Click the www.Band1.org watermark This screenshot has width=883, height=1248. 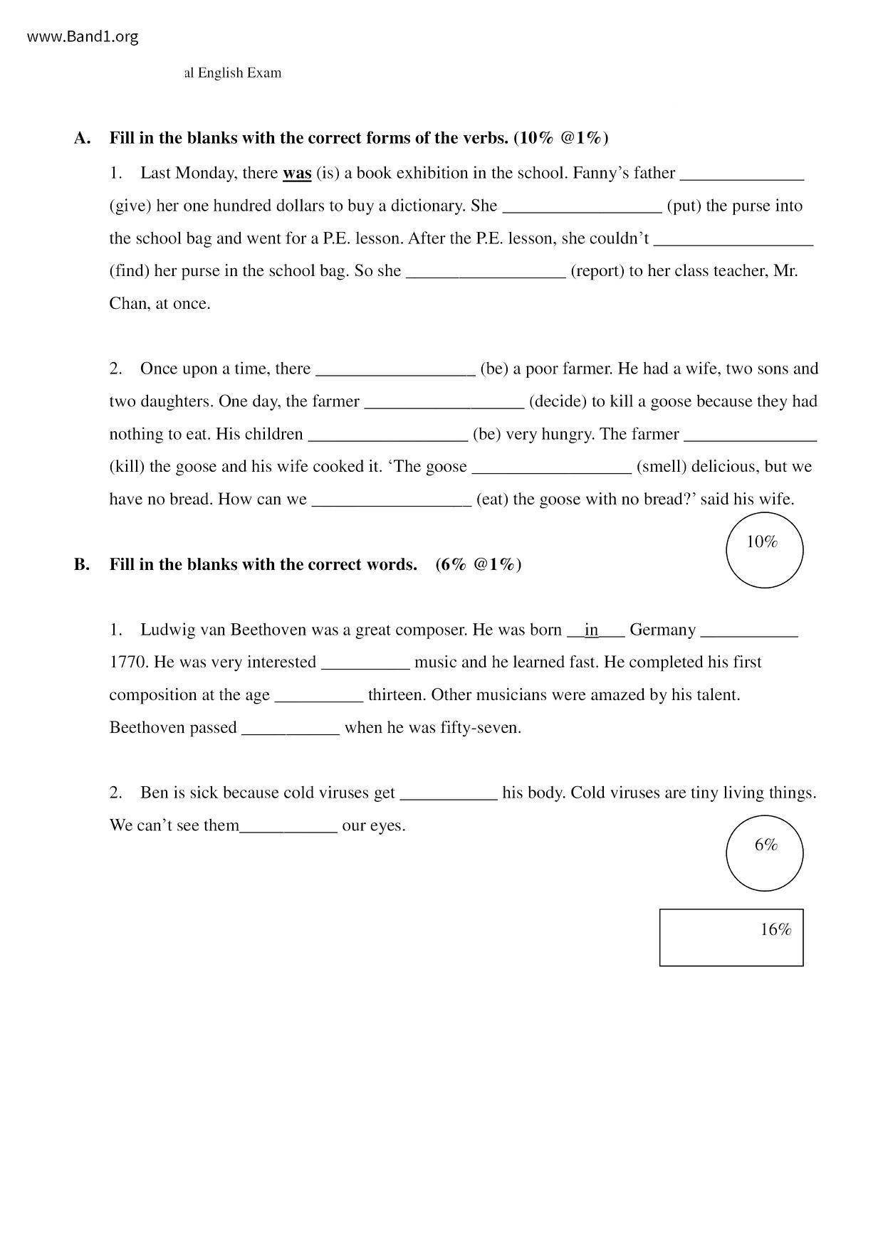[x=83, y=37]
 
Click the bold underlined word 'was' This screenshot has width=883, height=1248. [x=297, y=173]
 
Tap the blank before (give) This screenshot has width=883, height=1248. [x=742, y=173]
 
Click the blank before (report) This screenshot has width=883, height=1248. [x=486, y=271]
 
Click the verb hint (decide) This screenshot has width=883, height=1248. [x=558, y=401]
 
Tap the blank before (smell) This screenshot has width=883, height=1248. [x=552, y=467]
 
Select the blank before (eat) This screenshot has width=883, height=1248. [x=392, y=499]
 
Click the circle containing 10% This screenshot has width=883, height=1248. [x=764, y=550]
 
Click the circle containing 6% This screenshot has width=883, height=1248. [x=764, y=853]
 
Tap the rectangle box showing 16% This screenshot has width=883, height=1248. [x=731, y=937]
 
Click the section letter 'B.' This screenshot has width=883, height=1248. [x=82, y=565]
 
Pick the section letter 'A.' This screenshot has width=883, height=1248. [x=82, y=138]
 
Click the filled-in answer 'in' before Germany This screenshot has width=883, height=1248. [x=591, y=630]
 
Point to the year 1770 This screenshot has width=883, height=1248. [x=128, y=662]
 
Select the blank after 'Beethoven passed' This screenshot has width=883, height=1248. [x=291, y=728]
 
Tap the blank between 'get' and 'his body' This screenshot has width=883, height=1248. [x=449, y=793]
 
